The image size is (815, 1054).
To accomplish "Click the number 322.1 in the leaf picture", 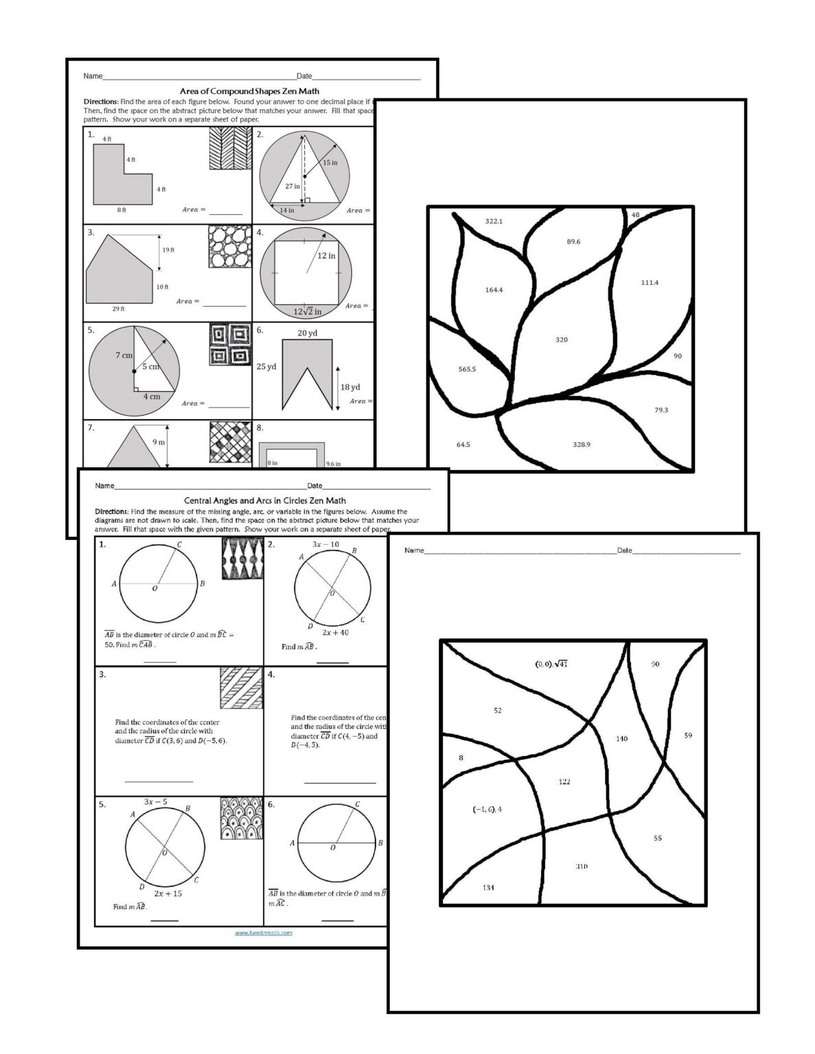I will [x=494, y=222].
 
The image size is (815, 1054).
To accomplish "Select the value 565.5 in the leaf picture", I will [x=467, y=369].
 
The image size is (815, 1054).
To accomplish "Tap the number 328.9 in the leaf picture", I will [x=582, y=445].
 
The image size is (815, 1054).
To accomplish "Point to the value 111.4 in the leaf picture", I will [x=650, y=283].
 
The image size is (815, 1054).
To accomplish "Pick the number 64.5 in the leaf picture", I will [x=463, y=445].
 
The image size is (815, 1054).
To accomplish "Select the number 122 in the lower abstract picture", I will [x=564, y=782].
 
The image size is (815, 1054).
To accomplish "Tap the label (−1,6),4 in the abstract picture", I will [x=487, y=809].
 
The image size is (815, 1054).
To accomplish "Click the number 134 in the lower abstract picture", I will [x=488, y=887].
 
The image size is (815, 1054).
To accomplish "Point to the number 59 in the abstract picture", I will [x=688, y=736].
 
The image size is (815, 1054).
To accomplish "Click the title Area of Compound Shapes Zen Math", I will [x=249, y=91].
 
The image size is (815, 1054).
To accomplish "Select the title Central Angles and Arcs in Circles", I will [x=264, y=501].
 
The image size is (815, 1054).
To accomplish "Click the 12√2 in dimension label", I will [x=307, y=312].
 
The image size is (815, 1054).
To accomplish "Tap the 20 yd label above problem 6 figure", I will [x=307, y=333].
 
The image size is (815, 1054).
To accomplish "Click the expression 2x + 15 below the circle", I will [x=168, y=893].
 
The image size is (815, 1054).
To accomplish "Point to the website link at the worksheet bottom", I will [x=264, y=933].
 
